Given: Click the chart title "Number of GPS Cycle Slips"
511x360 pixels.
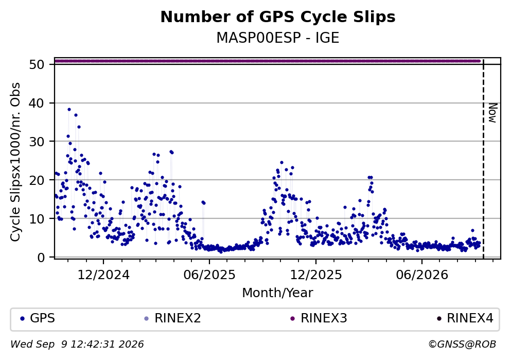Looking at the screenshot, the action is pyautogui.click(x=278, y=17).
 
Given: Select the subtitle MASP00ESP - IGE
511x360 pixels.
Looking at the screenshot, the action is pyautogui.click(x=278, y=38).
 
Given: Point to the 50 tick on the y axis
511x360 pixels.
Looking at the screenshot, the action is pyautogui.click(x=37, y=64).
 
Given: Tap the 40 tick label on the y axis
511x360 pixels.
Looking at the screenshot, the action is pyautogui.click(x=37, y=103).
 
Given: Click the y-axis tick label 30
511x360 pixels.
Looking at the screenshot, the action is pyautogui.click(x=37, y=142).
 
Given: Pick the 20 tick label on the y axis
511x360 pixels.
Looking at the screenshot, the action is pyautogui.click(x=37, y=180).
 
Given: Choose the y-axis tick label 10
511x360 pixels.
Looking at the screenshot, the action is pyautogui.click(x=37, y=218).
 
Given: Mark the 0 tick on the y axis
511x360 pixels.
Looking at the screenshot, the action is pyautogui.click(x=41, y=258).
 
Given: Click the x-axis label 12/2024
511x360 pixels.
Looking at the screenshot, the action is pyautogui.click(x=103, y=275).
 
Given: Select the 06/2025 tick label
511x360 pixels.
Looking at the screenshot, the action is pyautogui.click(x=209, y=275).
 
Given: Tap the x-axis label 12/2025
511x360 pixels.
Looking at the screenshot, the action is pyautogui.click(x=316, y=275).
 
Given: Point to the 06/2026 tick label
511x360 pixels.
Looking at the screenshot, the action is pyautogui.click(x=422, y=275).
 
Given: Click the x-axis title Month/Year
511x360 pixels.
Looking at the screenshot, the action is pyautogui.click(x=278, y=293).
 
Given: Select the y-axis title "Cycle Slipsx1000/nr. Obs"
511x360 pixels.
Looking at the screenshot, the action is pyautogui.click(x=15, y=162).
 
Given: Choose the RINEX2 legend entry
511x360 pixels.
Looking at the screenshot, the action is pyautogui.click(x=173, y=318).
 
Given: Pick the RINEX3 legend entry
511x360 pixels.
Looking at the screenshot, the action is pyautogui.click(x=319, y=318).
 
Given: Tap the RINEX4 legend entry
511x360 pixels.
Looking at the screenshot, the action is pyautogui.click(x=465, y=318).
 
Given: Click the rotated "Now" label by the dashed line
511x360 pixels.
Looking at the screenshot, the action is pyautogui.click(x=492, y=113).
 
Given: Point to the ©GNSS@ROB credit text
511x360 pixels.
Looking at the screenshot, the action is pyautogui.click(x=462, y=345).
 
